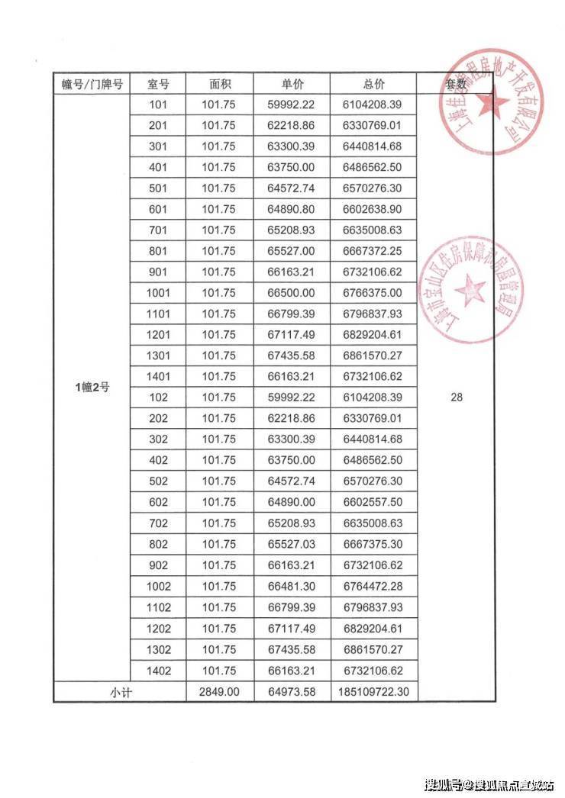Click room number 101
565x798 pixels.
158,105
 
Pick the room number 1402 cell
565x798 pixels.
158,671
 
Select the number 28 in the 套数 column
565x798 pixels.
457,397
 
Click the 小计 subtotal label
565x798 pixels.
119,692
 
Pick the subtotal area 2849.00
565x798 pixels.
219,692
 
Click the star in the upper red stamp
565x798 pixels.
492,103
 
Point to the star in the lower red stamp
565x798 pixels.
470,291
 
